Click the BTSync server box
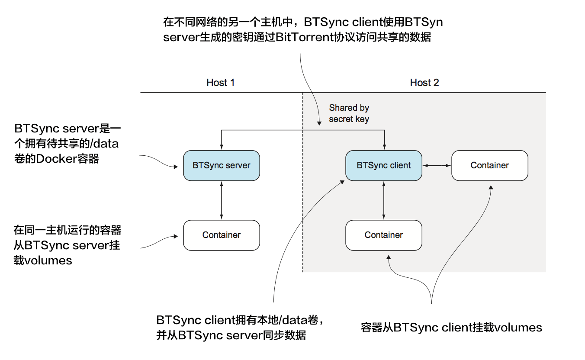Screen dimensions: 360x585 coord(222,165)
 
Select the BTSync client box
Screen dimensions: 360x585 coord(383,165)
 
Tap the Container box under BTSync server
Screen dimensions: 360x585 coord(222,235)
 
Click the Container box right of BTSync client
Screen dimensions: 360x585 coord(489,165)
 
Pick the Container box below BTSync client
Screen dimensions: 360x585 coord(383,235)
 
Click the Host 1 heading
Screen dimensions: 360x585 coord(220,83)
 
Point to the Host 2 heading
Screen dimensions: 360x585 coord(424,83)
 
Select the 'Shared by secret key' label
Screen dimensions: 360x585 coord(349,113)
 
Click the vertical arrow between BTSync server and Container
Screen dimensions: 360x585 coord(222,200)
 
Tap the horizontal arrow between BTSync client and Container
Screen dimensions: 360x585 coord(437,165)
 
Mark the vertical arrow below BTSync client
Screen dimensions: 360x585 coord(383,200)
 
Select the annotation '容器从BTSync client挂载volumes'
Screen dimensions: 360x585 coord(451,328)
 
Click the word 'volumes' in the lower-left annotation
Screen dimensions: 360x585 coord(43,260)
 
